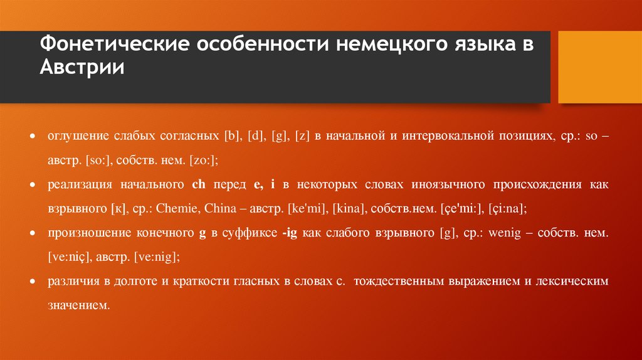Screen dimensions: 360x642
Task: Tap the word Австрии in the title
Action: (x=83, y=68)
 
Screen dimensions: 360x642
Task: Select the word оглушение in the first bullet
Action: (x=76, y=136)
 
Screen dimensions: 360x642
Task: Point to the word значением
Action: (x=78, y=306)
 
